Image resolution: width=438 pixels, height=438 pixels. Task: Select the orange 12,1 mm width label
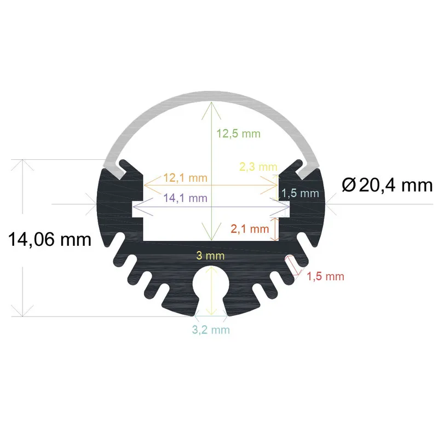[x=186, y=178]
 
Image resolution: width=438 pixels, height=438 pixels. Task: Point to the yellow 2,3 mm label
[x=258, y=166]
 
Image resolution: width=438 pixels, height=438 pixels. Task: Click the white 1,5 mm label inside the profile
[x=299, y=193]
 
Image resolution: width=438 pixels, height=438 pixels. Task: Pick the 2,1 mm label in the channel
[x=250, y=228]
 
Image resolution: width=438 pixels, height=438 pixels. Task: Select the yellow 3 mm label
[x=211, y=256]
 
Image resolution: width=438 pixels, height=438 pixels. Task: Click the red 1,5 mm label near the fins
[x=325, y=276]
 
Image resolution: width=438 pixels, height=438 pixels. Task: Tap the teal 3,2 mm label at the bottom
[x=211, y=330]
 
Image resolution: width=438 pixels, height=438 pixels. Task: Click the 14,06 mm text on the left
[x=49, y=239]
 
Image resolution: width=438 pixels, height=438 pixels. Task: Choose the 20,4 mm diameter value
[x=395, y=186]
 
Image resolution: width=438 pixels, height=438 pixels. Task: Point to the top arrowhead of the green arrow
[x=211, y=105]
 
